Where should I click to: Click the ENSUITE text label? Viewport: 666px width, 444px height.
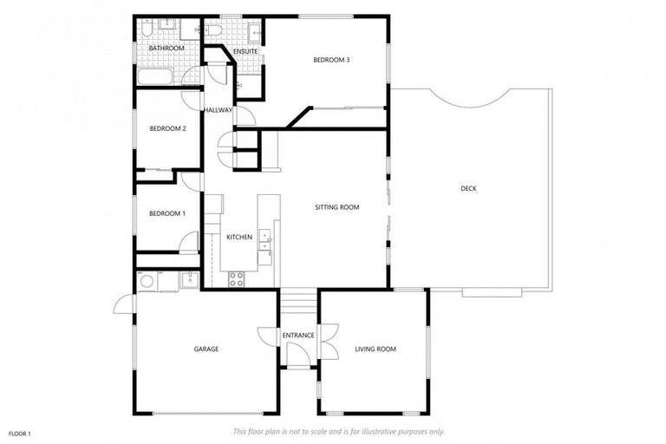pos(245,52)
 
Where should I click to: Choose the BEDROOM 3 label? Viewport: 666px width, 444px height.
pos(331,60)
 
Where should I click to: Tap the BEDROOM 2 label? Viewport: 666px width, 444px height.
pos(167,128)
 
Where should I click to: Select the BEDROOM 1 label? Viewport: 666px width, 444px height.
pos(166,213)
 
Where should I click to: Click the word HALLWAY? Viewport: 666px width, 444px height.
pos(218,110)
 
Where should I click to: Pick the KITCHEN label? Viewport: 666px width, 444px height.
pos(239,237)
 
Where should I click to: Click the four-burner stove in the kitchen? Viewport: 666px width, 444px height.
pos(236,278)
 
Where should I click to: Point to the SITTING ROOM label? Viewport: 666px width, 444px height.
pos(336,207)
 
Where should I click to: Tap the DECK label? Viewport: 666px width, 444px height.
pos(468,188)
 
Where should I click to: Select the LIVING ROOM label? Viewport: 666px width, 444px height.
pos(375,349)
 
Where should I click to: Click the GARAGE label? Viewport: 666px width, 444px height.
pos(206,349)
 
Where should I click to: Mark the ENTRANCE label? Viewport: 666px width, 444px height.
pos(297,335)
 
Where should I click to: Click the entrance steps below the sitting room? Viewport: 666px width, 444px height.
pos(297,303)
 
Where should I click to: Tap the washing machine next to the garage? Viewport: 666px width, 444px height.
pos(147,281)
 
